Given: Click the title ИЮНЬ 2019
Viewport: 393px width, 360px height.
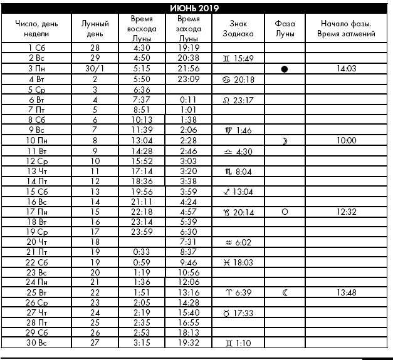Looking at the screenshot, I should (x=196, y=8).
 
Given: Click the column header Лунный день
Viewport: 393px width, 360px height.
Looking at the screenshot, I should (x=95, y=28).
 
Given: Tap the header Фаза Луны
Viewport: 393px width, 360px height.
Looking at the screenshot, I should (x=285, y=28).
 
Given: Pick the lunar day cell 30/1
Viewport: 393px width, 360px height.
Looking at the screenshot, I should (x=95, y=68).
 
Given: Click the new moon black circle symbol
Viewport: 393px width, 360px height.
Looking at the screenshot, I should (x=285, y=69).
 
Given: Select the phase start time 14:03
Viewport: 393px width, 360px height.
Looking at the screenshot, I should (x=346, y=68).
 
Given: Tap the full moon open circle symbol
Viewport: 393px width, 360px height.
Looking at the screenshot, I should (x=285, y=212).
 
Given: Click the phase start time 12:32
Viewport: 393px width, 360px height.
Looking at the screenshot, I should (x=346, y=212).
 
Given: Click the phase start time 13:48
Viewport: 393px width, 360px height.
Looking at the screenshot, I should (x=346, y=292).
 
